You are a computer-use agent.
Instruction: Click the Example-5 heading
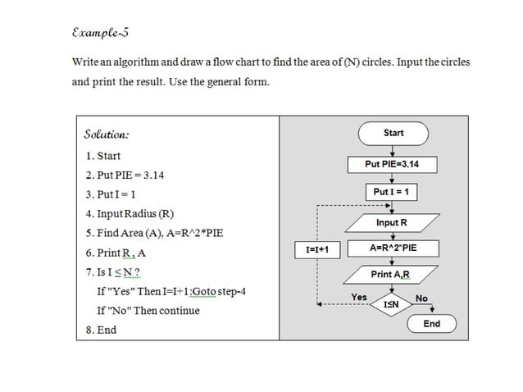pyautogui.click(x=100, y=34)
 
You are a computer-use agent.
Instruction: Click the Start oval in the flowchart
pyautogui.click(x=393, y=133)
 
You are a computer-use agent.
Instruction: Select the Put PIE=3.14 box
pyautogui.click(x=392, y=164)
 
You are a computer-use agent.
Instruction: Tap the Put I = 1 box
pyautogui.click(x=392, y=192)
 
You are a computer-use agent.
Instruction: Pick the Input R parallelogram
pyautogui.click(x=392, y=222)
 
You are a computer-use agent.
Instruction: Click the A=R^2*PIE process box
pyautogui.click(x=393, y=248)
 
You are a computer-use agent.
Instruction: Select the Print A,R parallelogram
pyautogui.click(x=390, y=274)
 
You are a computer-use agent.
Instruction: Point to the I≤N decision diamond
pyautogui.click(x=392, y=304)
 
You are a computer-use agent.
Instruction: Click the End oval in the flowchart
pyautogui.click(x=431, y=324)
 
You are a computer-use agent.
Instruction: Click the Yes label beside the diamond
pyautogui.click(x=359, y=297)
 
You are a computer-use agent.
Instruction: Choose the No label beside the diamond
pyautogui.click(x=421, y=299)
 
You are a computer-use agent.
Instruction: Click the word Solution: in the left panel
pyautogui.click(x=107, y=134)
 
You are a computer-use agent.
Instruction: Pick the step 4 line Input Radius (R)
pyautogui.click(x=129, y=214)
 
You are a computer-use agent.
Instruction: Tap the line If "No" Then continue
pyautogui.click(x=148, y=311)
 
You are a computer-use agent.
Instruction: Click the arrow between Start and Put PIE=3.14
pyautogui.click(x=393, y=149)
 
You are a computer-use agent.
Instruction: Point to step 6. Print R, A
pyautogui.click(x=116, y=253)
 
